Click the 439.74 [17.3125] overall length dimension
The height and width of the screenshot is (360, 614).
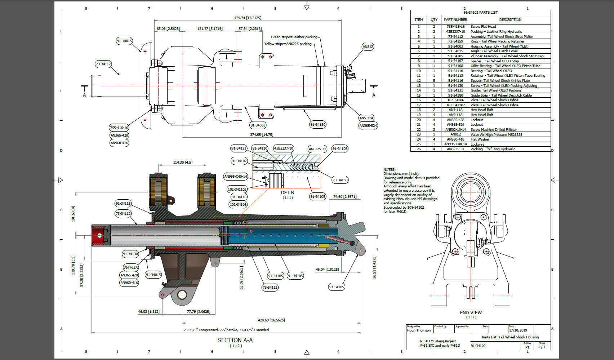(248, 18)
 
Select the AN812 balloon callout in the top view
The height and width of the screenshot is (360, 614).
(368, 46)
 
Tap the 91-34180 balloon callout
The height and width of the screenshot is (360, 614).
(317, 124)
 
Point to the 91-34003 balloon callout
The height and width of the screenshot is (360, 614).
(258, 125)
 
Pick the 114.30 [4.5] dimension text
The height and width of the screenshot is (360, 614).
(183, 162)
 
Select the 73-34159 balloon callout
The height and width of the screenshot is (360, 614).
(340, 180)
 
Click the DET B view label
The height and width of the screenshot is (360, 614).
(287, 193)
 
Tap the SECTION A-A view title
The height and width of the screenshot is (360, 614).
(235, 340)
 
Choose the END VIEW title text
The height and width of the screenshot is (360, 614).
(471, 312)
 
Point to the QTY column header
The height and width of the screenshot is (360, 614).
(434, 20)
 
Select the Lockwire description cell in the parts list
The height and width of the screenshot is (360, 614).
(477, 144)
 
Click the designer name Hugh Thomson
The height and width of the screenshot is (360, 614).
(419, 330)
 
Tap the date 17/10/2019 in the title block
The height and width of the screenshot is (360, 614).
(518, 330)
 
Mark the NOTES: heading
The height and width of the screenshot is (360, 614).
(389, 169)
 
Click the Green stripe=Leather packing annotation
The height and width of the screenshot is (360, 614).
(294, 37)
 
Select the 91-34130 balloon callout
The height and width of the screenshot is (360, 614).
(130, 254)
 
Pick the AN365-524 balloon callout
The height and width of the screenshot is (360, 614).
(368, 125)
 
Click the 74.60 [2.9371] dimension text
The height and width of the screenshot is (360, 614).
(345, 196)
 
